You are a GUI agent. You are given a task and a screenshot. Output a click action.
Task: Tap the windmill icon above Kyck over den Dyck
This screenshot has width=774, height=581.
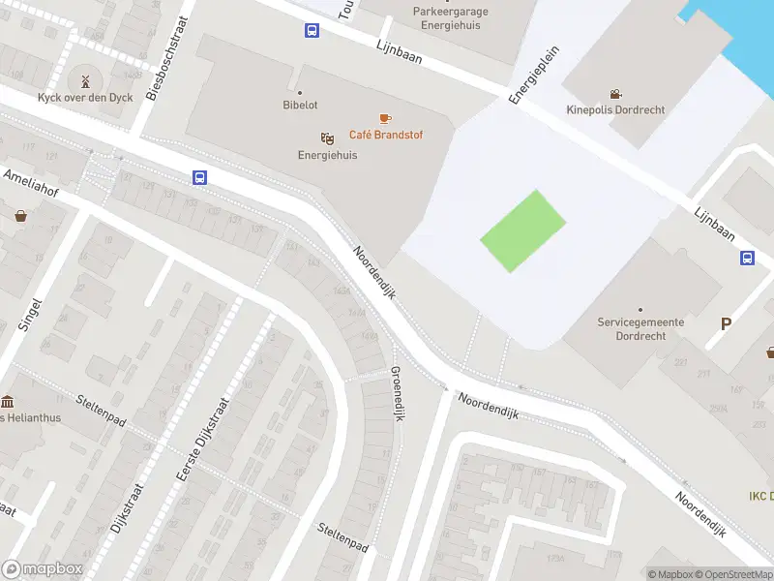83,80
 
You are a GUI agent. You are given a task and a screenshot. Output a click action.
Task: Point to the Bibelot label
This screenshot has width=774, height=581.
300,105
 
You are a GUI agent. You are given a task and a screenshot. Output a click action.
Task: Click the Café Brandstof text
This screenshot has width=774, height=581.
386,135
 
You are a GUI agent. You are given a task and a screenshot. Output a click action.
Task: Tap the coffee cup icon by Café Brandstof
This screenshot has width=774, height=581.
385,118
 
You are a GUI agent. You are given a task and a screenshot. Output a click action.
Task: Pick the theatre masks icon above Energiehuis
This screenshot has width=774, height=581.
327,138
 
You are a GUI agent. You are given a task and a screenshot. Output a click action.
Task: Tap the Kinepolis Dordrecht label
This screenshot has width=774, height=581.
615,109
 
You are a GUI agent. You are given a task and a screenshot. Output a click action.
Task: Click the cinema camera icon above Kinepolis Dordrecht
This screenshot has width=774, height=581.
615,94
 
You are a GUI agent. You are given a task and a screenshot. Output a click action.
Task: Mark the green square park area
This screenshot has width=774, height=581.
522,231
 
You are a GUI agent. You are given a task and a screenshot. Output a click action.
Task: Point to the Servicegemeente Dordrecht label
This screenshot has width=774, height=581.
640,328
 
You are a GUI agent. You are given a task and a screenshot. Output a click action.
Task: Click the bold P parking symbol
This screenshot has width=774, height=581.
725,324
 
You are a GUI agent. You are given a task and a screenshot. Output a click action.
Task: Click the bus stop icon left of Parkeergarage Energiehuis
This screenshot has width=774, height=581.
312,31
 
